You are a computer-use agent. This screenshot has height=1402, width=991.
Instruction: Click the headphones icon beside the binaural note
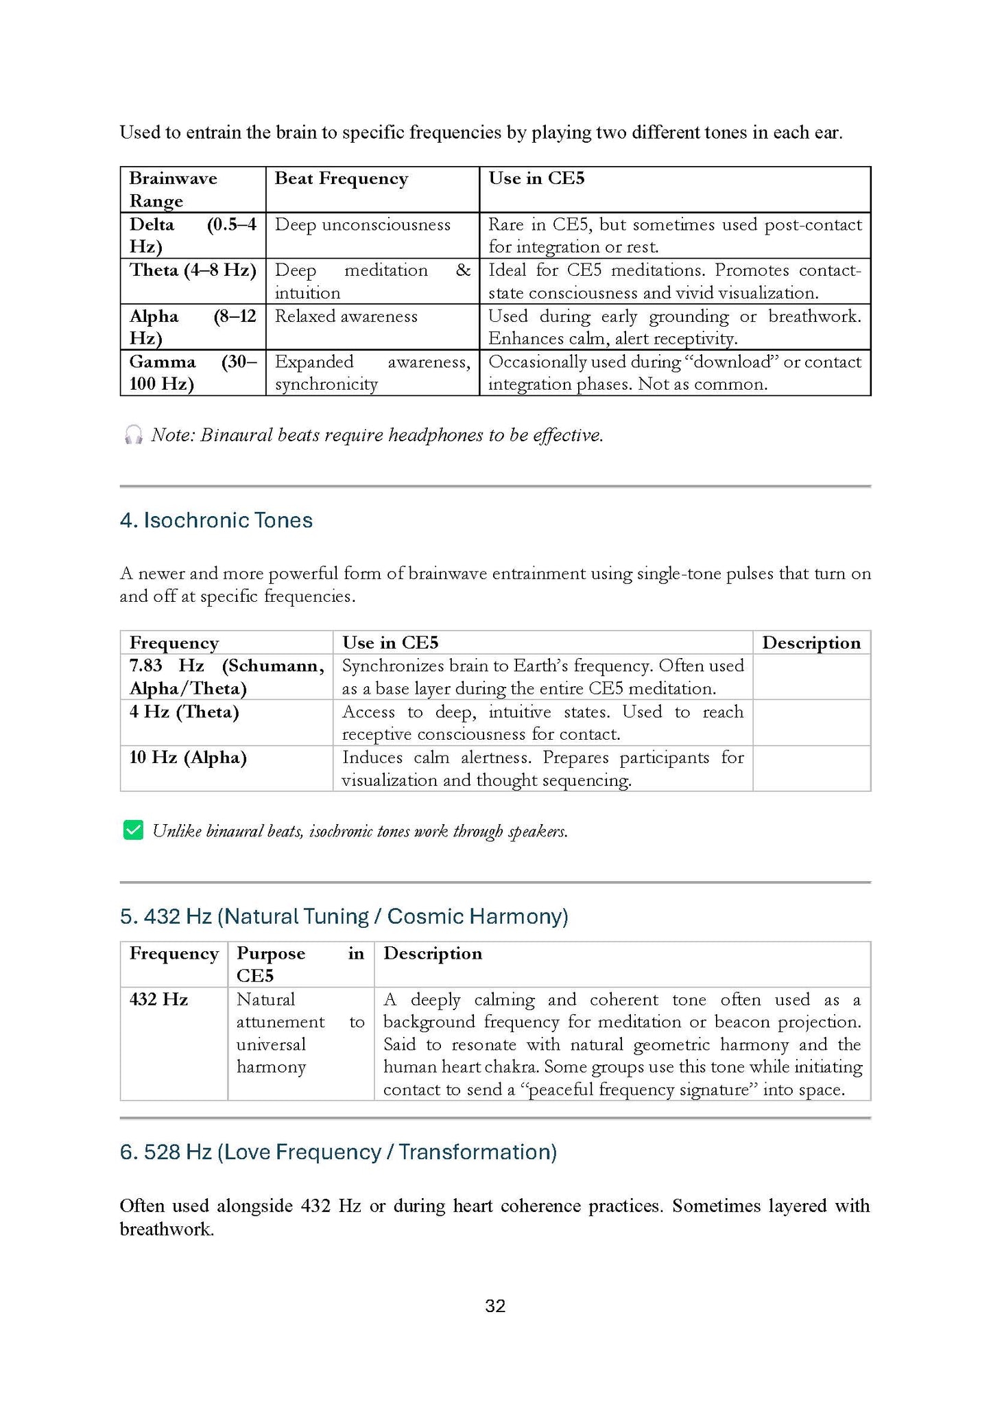pos(133,434)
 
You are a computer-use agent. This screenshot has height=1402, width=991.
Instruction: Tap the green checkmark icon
pos(133,830)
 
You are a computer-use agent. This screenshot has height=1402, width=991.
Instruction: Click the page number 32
pos(495,1306)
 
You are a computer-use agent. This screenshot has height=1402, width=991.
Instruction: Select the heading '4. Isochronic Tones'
pos(216,520)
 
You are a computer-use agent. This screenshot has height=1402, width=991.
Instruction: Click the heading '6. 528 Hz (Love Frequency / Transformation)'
pos(338,1152)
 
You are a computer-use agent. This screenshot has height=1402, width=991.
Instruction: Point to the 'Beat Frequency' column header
pos(341,178)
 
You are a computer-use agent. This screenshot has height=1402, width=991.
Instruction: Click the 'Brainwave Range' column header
pos(173,189)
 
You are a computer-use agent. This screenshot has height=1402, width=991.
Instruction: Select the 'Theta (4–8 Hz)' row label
pos(193,270)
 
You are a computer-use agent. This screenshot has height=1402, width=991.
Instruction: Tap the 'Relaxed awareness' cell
pos(346,316)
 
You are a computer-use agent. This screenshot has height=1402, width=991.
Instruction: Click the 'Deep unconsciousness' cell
pos(362,225)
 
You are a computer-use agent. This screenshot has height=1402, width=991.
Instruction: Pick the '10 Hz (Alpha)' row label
pos(188,758)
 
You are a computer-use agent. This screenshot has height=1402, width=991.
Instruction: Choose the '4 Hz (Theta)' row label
pos(184,712)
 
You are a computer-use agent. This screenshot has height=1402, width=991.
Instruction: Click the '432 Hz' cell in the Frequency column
pos(158,999)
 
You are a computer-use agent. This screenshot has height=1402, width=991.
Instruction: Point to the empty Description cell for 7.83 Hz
pos(811,677)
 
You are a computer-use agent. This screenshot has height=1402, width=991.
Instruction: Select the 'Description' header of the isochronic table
pos(811,642)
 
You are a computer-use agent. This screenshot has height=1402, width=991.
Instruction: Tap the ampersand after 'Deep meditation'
pos(463,270)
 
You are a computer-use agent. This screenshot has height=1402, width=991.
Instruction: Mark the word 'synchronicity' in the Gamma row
pos(326,384)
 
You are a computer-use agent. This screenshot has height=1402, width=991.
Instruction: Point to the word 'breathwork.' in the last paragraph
pos(167,1229)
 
